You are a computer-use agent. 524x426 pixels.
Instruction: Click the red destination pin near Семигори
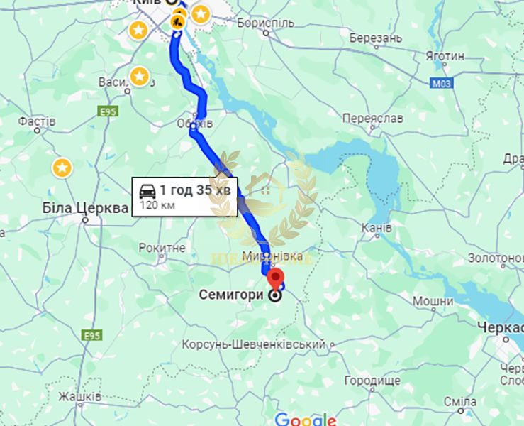(x=277, y=278)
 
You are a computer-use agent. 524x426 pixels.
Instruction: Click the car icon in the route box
(x=147, y=190)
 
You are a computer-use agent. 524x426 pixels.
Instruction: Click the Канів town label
(x=376, y=228)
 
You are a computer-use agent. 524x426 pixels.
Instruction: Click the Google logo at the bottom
(x=305, y=419)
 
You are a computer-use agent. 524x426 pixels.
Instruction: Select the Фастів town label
(x=37, y=121)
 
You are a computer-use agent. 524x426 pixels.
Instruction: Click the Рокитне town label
(x=162, y=248)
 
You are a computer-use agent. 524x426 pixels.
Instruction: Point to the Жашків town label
(x=79, y=396)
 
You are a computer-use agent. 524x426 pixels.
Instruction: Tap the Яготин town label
(x=445, y=55)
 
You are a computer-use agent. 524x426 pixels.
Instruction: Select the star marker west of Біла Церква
(x=63, y=168)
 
